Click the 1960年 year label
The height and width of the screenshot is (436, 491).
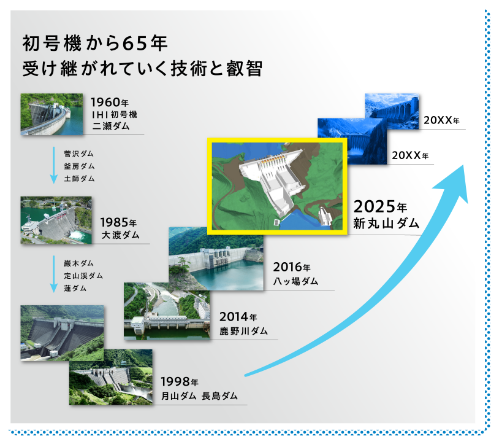coord(110,103)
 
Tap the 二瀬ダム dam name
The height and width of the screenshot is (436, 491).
coord(111,126)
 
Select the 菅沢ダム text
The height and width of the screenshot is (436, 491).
coord(79,154)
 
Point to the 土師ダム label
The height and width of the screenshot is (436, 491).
coord(79,179)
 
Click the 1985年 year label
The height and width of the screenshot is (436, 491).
coord(118,222)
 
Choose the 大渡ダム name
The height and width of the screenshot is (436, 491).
coord(120,235)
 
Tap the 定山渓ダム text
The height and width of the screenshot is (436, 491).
coord(83,276)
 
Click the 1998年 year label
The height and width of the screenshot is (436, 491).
coord(180,382)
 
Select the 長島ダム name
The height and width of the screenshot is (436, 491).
coord(219,396)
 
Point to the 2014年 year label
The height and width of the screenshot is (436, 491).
coord(238,317)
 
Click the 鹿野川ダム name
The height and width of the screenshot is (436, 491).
coord(243,331)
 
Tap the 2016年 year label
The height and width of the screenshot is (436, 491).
coord(292,267)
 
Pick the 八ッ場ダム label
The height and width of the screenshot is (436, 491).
coord(295,281)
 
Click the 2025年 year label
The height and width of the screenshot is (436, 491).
coord(380,207)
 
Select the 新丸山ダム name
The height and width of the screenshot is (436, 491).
coord(386,224)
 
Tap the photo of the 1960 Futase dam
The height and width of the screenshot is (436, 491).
coord(51,114)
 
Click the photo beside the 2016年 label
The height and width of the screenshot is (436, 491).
coord(216,259)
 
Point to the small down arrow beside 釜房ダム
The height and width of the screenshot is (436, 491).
coord(54,165)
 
